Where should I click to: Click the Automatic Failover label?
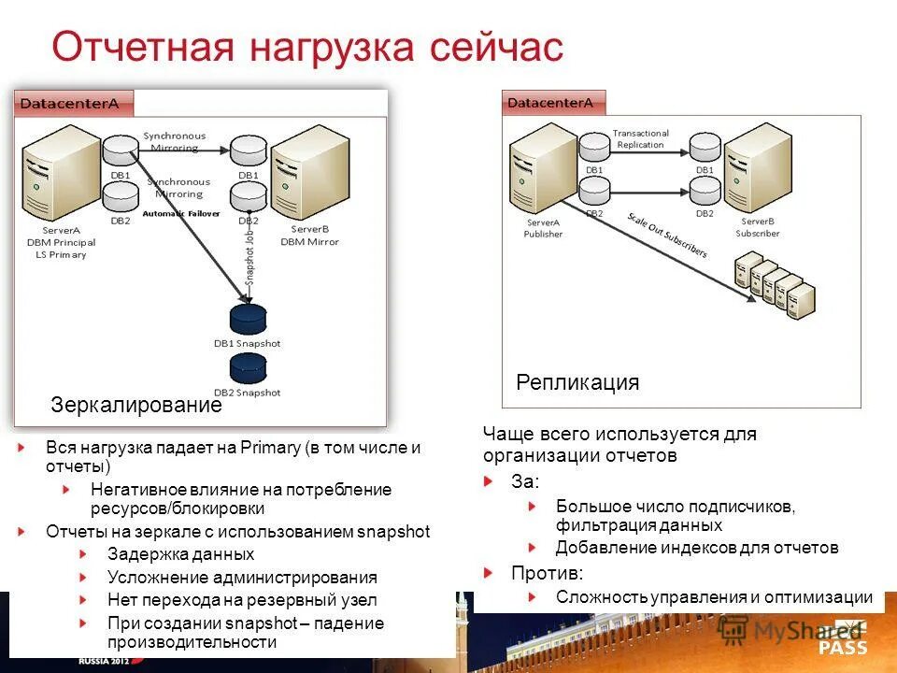click(x=180, y=213)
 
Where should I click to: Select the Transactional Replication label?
click(x=640, y=139)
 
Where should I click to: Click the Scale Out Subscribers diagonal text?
click(x=666, y=235)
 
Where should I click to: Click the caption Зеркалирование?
click(x=136, y=406)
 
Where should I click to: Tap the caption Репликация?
click(x=577, y=382)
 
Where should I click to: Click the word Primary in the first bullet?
click(x=268, y=448)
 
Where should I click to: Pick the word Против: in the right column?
click(x=547, y=573)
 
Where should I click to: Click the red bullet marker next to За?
click(x=489, y=481)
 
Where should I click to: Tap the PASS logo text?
click(x=843, y=647)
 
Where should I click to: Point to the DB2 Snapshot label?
click(x=248, y=393)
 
